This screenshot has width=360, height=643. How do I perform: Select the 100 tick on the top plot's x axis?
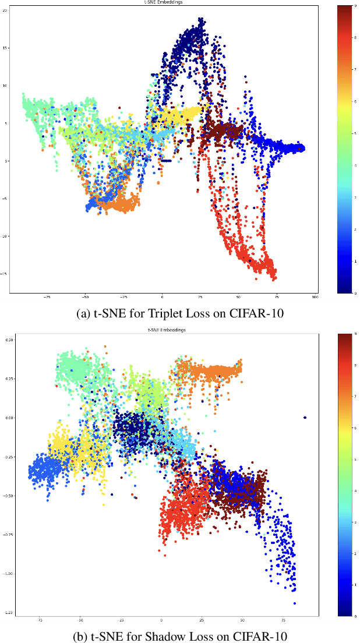coord(315,297)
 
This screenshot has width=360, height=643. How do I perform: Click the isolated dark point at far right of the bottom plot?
coord(305,418)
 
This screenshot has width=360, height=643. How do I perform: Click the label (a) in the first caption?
coord(83,313)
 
